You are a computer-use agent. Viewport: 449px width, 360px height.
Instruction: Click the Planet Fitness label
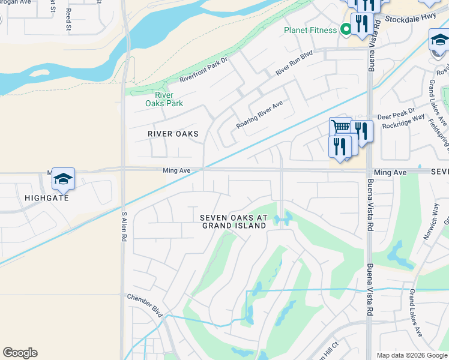coord(310,30)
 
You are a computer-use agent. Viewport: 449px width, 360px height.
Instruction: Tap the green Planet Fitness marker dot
coord(346,29)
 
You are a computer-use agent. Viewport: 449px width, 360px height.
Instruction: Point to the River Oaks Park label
coord(164,99)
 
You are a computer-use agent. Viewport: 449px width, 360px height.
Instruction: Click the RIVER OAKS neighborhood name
coord(173,134)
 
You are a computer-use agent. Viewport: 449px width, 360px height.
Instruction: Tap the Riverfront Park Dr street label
coord(205,70)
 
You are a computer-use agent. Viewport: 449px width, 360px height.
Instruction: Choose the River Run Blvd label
coord(294,63)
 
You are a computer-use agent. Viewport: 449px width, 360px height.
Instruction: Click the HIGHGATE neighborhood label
coord(47,197)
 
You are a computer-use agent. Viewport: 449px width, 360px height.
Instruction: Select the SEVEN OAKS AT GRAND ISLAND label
coord(234,221)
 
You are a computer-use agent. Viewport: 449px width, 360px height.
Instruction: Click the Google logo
coord(20,353)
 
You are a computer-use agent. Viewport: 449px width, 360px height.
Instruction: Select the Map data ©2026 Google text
coord(411,355)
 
